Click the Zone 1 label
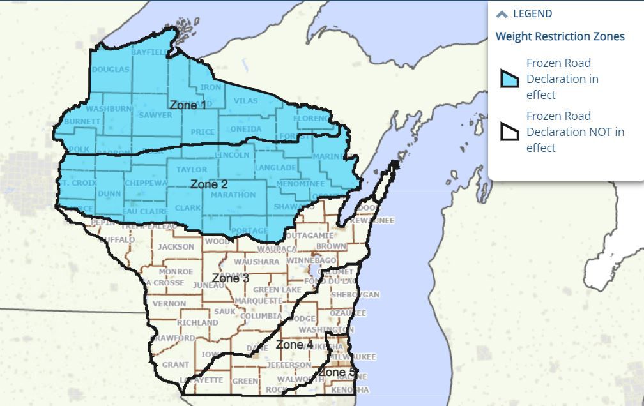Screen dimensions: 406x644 [188, 104]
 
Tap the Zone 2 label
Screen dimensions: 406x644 [209, 184]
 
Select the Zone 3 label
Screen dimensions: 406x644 [231, 278]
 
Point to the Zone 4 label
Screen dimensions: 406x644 [295, 345]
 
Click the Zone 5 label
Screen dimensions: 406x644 [337, 372]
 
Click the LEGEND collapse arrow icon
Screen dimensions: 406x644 [502, 14]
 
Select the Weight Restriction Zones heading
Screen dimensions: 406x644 [560, 36]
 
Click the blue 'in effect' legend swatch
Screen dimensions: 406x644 [509, 79]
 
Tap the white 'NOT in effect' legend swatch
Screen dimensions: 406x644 [509, 132]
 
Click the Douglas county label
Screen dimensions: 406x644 [111, 70]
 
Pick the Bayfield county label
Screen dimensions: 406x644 [149, 51]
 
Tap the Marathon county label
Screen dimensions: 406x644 [233, 195]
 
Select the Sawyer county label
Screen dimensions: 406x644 [155, 116]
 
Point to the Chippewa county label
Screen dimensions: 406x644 [146, 183]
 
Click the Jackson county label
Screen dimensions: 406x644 [176, 246]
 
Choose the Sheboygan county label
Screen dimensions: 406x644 [355, 294]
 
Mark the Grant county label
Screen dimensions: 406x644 [175, 365]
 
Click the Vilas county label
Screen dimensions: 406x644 [245, 101]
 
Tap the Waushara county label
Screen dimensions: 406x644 [256, 262]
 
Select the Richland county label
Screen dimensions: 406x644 [197, 323]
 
